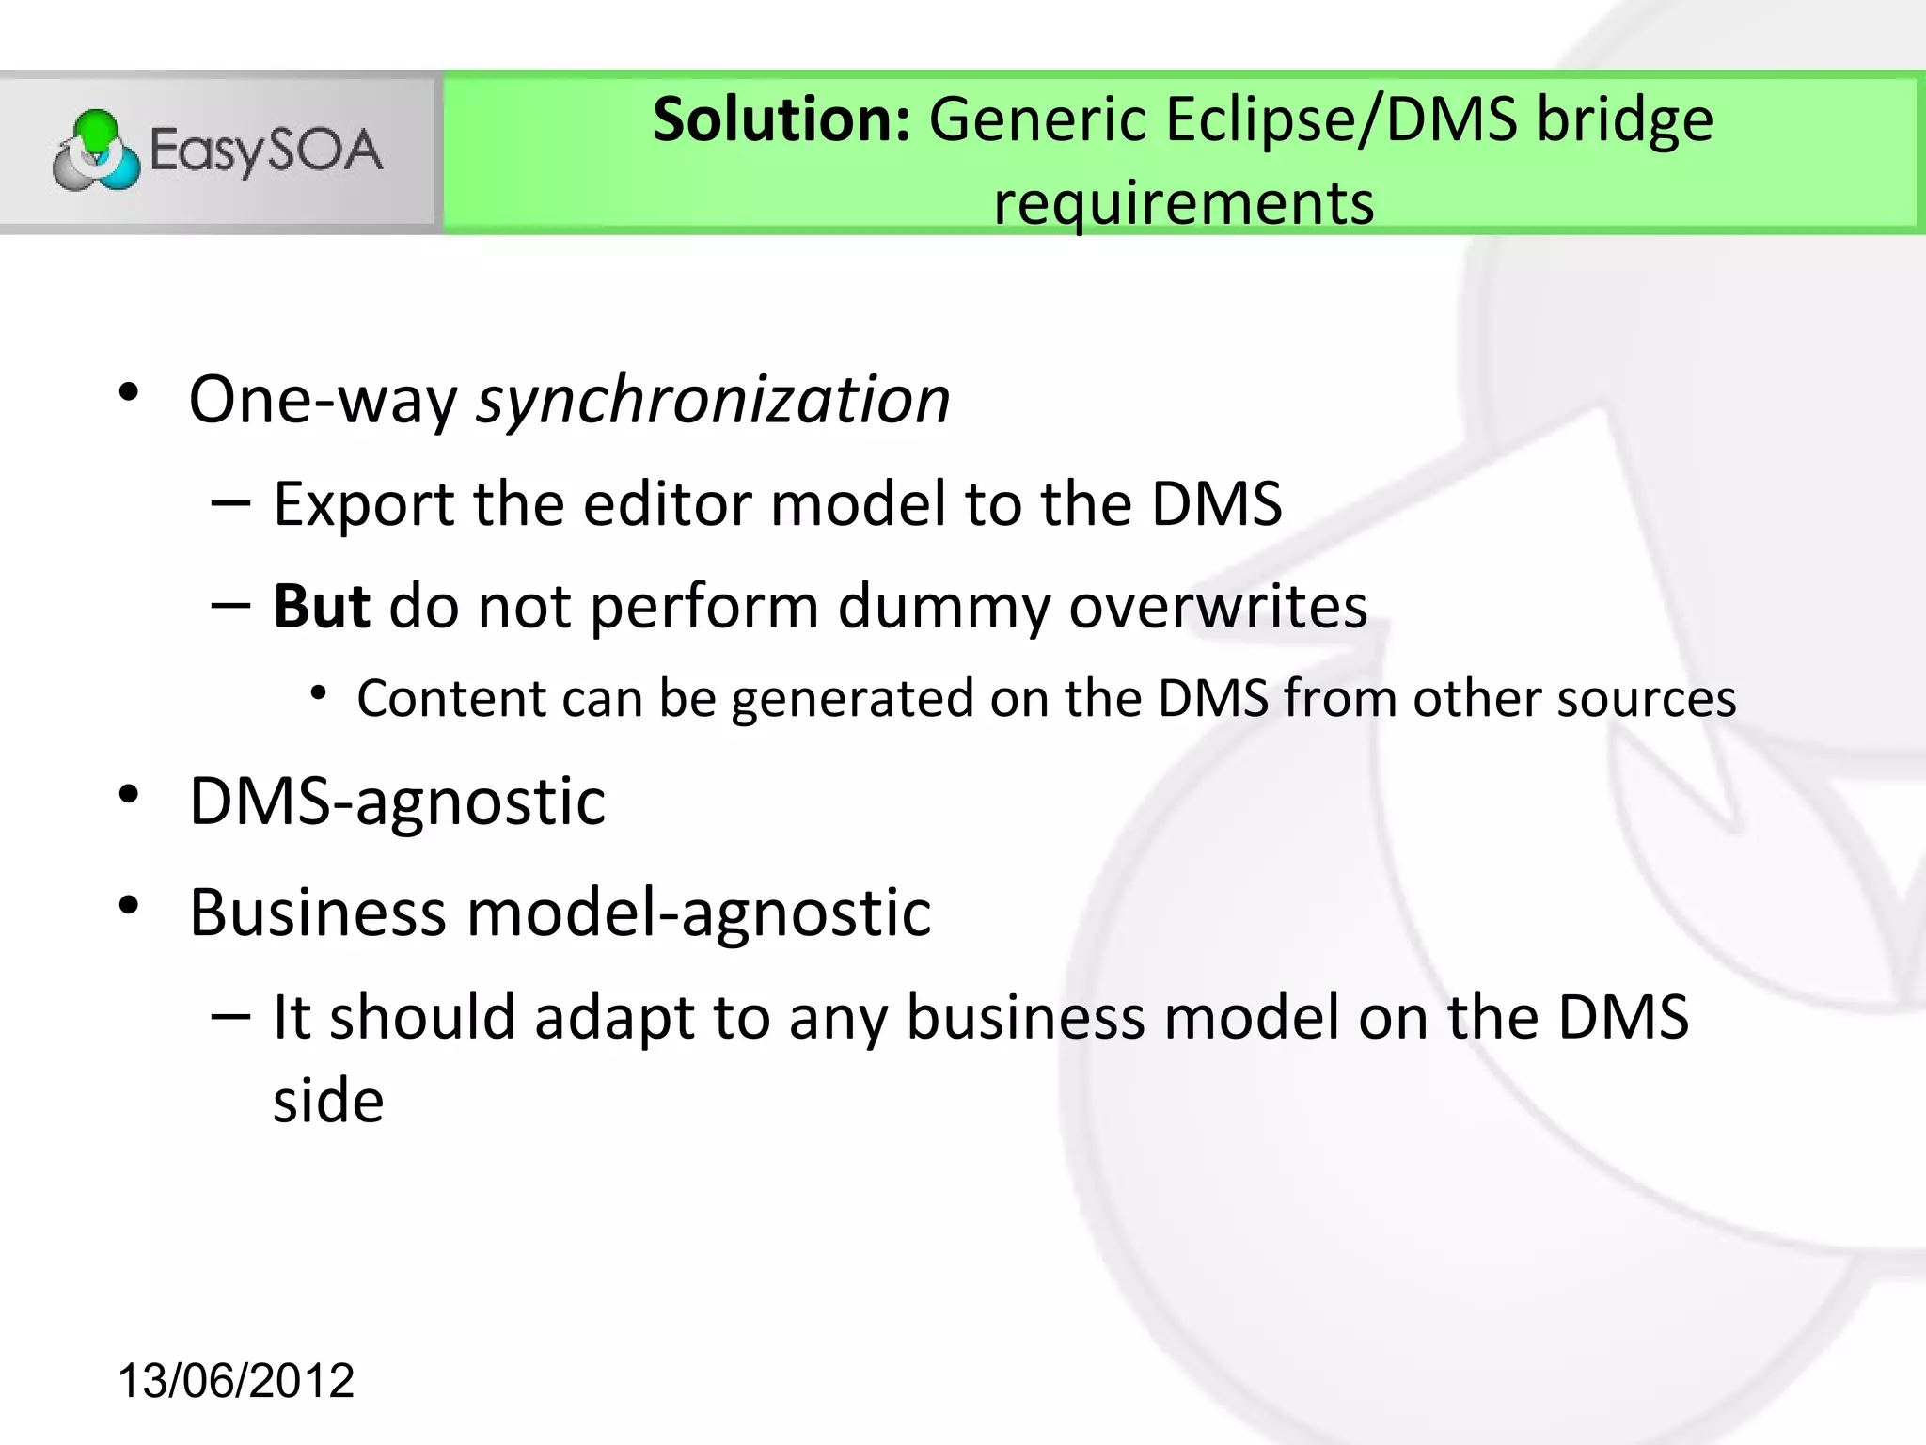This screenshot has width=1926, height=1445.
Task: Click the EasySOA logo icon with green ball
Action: (96, 151)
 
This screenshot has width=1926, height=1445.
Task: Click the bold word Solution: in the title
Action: (781, 120)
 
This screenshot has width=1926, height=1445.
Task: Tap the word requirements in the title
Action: (1183, 203)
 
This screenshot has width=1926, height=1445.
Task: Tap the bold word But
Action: (322, 606)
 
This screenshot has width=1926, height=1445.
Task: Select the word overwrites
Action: (1217, 606)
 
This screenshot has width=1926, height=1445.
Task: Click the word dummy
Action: (943, 608)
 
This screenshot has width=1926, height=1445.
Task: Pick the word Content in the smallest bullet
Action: (451, 699)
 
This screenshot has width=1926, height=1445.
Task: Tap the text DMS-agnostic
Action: (397, 802)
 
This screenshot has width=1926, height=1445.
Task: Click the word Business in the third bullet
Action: (318, 913)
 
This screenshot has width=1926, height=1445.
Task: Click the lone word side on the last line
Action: (328, 1101)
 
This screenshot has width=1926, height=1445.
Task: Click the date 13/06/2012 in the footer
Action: (235, 1381)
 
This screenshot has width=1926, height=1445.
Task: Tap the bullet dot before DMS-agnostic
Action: (129, 795)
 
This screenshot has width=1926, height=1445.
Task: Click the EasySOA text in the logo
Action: (266, 151)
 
